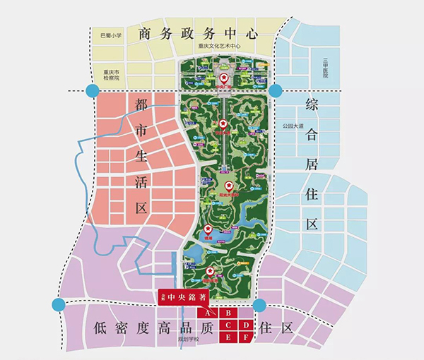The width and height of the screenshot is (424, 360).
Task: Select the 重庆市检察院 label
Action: (x=112, y=75)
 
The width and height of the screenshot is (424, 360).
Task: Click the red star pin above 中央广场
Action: (x=225, y=78)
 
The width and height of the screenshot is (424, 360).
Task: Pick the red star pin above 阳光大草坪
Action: (x=228, y=184)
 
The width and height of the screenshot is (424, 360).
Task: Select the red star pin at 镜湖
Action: (x=208, y=229)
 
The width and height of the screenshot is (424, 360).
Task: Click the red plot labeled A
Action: (x=208, y=312)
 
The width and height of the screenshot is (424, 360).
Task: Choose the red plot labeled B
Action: (x=228, y=312)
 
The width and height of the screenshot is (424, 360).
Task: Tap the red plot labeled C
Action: (x=228, y=325)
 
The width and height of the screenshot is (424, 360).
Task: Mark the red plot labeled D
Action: (x=245, y=325)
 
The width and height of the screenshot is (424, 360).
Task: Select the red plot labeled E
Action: (x=228, y=337)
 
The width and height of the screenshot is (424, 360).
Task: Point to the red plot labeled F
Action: (x=245, y=337)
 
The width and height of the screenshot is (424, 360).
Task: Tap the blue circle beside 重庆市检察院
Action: (x=91, y=90)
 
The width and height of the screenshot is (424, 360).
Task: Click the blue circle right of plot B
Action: (x=259, y=306)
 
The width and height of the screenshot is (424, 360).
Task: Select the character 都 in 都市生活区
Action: (x=141, y=105)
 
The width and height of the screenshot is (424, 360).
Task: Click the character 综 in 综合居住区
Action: (x=312, y=106)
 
